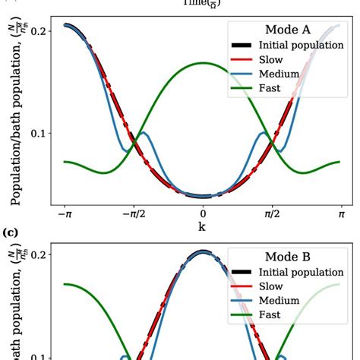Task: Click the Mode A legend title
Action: (x=286, y=30)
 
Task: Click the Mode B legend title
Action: (x=286, y=257)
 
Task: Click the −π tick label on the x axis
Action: (x=65, y=215)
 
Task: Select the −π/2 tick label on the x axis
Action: (x=133, y=215)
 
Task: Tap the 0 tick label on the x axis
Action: (x=203, y=215)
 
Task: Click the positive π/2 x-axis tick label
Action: (x=272, y=215)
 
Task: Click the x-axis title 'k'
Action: (x=202, y=227)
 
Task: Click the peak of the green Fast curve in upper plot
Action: (x=203, y=63)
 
